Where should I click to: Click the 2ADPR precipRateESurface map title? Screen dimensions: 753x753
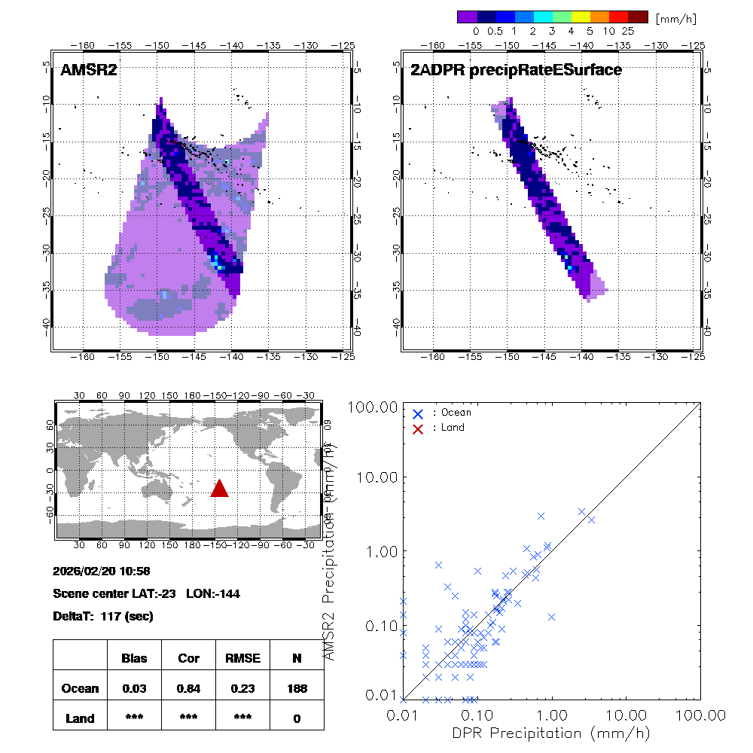tap(516, 70)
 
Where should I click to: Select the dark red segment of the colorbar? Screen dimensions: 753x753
tap(638, 16)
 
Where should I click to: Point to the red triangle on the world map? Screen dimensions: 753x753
tap(219, 489)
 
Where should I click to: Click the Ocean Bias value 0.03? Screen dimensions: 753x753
tap(134, 688)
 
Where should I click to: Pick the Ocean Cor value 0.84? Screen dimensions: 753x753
tap(188, 688)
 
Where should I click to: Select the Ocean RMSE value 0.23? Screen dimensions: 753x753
tap(242, 688)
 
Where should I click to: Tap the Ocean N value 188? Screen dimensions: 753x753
tap(297, 688)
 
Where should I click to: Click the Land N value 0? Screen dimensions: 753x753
tap(297, 718)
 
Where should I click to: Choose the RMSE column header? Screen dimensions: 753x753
tap(242, 658)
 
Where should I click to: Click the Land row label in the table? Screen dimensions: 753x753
tap(80, 718)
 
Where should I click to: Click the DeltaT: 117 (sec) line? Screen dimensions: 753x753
tap(103, 617)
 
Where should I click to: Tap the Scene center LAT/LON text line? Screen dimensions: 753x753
tap(147, 594)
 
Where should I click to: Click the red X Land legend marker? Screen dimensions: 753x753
tap(418, 428)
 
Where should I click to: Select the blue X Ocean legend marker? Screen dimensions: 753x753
tap(418, 413)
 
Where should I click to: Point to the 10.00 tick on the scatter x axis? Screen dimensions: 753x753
tap(626, 714)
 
